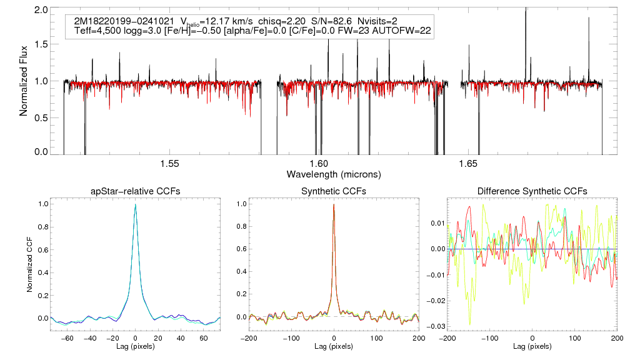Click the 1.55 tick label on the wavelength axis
(169, 164)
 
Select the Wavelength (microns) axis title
(333, 174)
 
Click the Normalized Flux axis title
(24, 81)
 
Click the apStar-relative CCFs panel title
(135, 191)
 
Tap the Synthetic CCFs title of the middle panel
(334, 191)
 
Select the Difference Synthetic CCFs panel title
(532, 191)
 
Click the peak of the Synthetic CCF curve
(334, 204)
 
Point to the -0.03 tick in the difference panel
(434, 326)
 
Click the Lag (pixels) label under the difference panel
(532, 346)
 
